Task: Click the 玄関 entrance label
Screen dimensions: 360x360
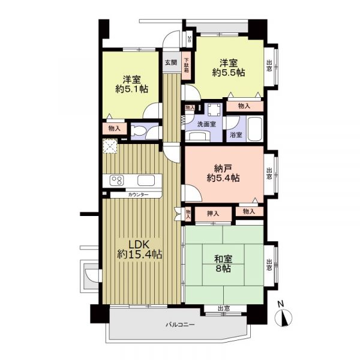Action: click(171, 62)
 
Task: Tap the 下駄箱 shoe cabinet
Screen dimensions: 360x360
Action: click(187, 65)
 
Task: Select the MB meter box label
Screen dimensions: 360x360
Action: click(190, 39)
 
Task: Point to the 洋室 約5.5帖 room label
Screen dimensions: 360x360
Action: click(229, 68)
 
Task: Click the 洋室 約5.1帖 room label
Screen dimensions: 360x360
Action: click(131, 84)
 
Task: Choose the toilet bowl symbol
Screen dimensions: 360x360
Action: click(139, 132)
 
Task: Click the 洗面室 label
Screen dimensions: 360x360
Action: click(207, 124)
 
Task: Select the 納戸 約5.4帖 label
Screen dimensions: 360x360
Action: click(223, 173)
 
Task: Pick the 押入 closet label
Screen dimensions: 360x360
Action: click(213, 214)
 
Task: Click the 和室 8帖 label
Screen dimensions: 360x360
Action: click(223, 263)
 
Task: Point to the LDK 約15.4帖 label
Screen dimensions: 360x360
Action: click(140, 250)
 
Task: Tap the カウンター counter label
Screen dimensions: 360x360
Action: click(138, 195)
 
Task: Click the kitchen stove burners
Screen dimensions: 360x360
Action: click(116, 180)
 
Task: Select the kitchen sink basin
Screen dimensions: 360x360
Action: click(146, 180)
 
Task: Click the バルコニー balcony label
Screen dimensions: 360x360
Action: click(180, 325)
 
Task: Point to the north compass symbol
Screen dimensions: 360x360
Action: click(284, 317)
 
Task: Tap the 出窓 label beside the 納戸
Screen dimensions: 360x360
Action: click(269, 173)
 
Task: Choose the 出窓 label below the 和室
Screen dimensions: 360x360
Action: click(224, 308)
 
